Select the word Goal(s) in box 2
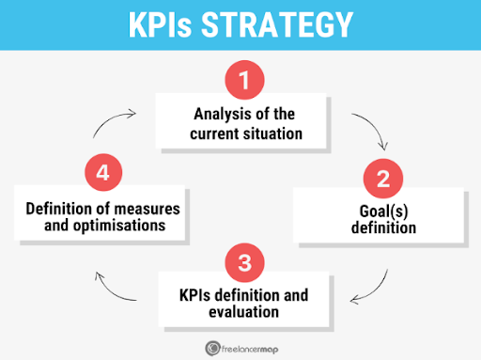click(x=385, y=210)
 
